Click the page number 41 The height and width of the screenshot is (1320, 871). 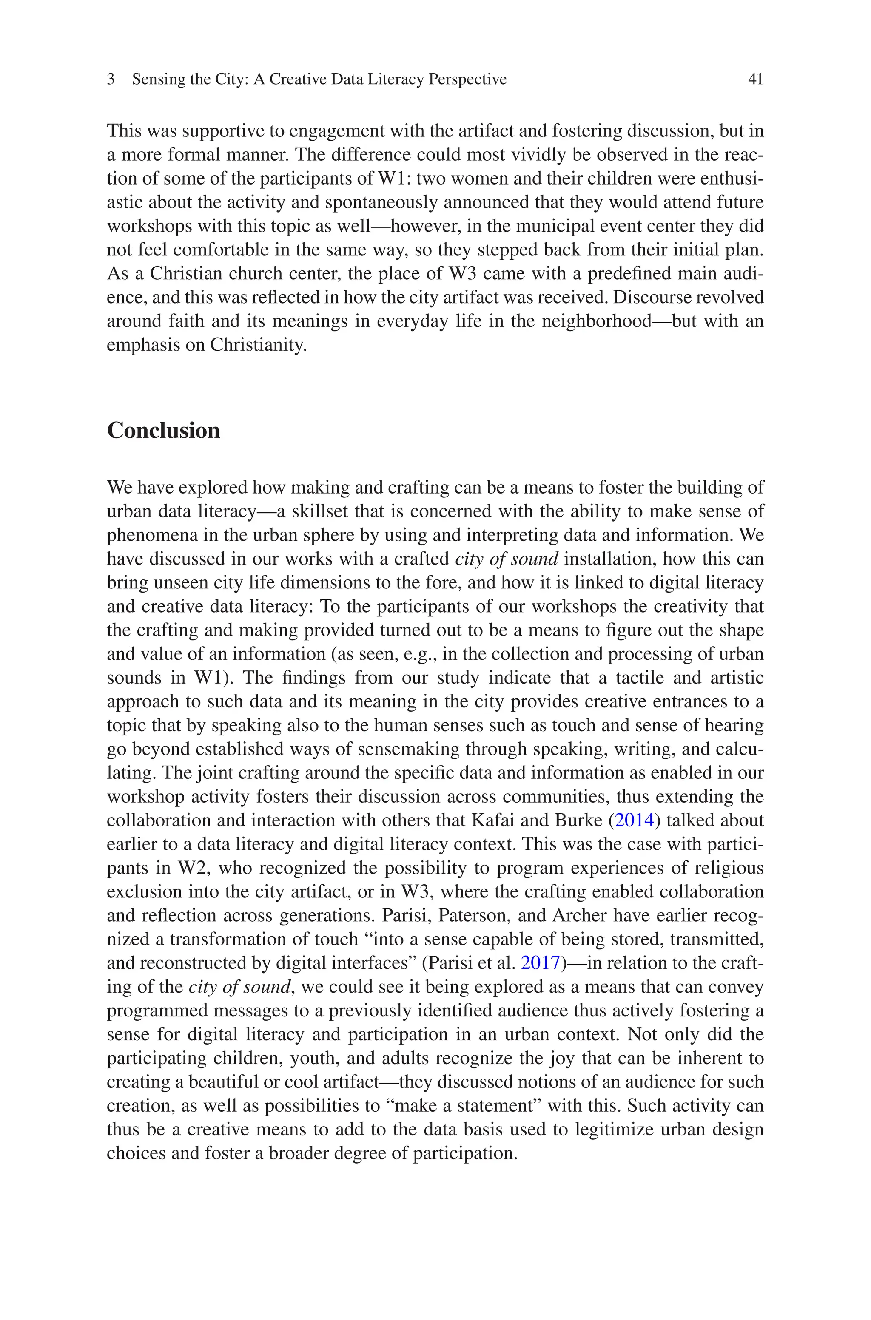[755, 79]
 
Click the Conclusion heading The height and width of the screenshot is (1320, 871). [163, 431]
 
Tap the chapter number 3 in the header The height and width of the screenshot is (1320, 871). [111, 79]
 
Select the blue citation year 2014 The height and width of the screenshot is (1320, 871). [634, 820]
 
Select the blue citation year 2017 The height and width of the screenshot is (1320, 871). [540, 963]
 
